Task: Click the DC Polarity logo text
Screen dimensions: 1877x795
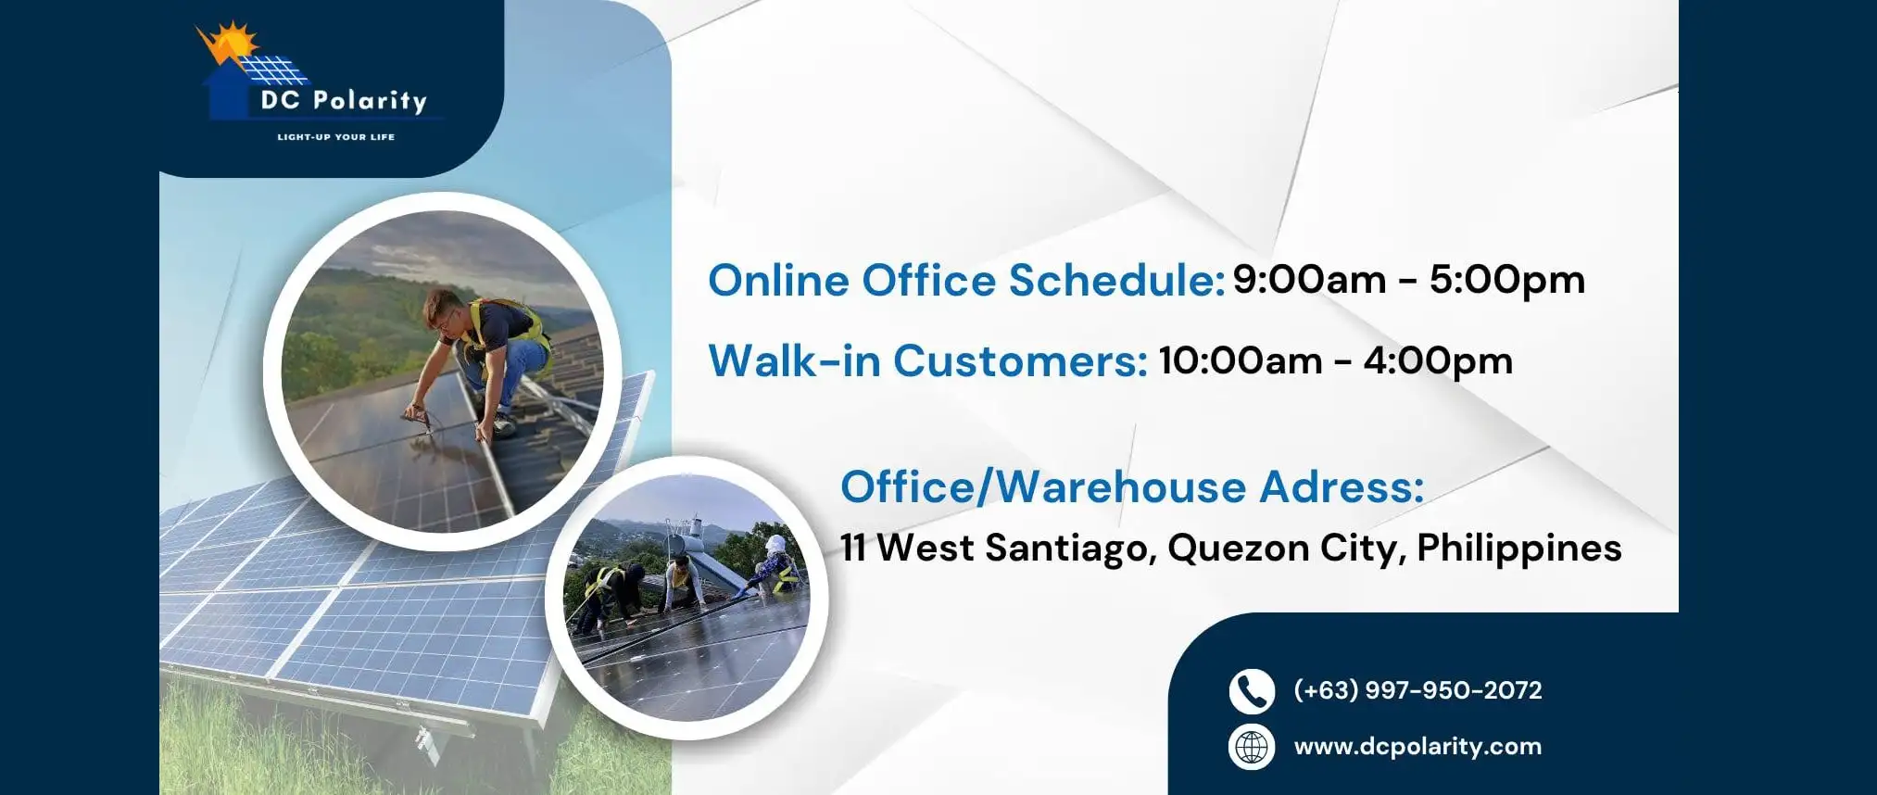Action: coord(344,100)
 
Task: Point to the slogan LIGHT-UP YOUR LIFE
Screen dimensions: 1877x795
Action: coord(336,137)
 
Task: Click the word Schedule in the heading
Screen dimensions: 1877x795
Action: coord(1116,280)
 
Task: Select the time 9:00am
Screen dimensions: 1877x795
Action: coord(1309,279)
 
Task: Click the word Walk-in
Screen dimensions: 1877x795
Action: coord(794,360)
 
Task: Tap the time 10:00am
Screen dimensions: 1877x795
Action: coord(1241,360)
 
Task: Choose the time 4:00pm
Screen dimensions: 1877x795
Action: coord(1438,361)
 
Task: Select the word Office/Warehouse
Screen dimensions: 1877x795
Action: coord(1043,486)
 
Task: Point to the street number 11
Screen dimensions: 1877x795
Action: coord(853,548)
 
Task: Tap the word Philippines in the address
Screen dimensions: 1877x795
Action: coord(1519,549)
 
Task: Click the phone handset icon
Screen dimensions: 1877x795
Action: coord(1252,691)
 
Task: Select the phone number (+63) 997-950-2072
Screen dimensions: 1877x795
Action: coord(1417,690)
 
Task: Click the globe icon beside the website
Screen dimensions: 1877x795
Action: coord(1252,747)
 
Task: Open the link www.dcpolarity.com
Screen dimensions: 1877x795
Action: coord(1417,747)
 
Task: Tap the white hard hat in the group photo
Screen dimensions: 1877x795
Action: coord(775,543)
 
